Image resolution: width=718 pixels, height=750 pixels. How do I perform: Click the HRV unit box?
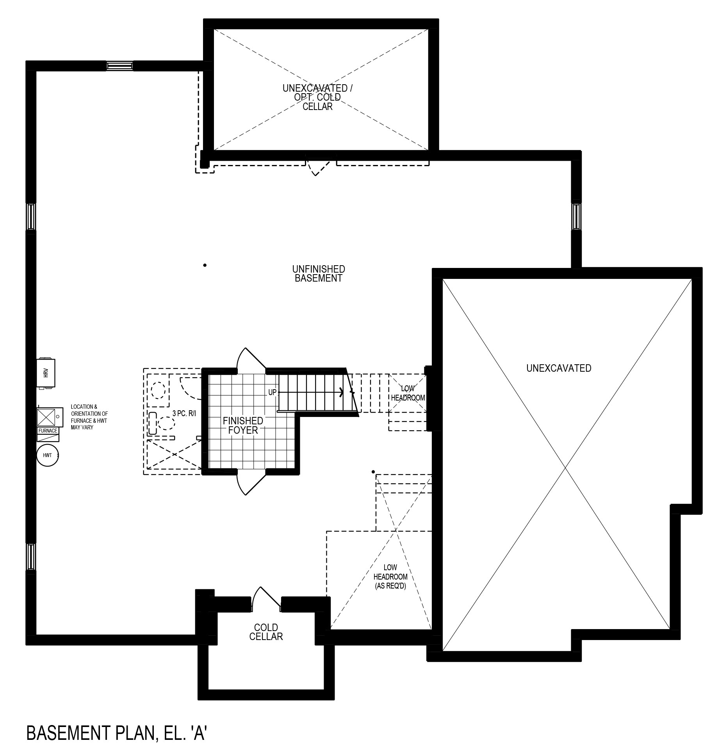tap(46, 373)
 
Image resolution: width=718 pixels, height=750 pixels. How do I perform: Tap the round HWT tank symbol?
tap(48, 455)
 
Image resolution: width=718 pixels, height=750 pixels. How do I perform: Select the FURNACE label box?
tap(48, 431)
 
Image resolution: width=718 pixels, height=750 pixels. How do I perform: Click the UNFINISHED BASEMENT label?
tap(319, 273)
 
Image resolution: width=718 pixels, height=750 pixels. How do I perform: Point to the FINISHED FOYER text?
tap(243, 426)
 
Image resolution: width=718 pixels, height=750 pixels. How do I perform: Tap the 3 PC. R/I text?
tap(184, 413)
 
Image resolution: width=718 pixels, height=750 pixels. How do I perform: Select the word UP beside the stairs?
tap(272, 392)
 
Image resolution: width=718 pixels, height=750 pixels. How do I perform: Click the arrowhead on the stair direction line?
tap(342, 392)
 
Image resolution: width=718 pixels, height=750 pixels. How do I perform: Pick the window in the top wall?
tap(120, 66)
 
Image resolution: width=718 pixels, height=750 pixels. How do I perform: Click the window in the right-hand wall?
tap(576, 216)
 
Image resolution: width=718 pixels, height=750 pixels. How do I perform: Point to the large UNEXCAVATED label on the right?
tap(559, 368)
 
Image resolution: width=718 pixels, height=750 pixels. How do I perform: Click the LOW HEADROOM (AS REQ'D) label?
tap(390, 576)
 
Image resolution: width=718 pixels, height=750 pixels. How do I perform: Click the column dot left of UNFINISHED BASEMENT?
tap(205, 265)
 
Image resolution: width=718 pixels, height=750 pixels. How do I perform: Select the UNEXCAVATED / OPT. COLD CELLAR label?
tap(317, 97)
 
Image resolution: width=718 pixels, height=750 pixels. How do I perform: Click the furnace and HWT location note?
tap(89, 417)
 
